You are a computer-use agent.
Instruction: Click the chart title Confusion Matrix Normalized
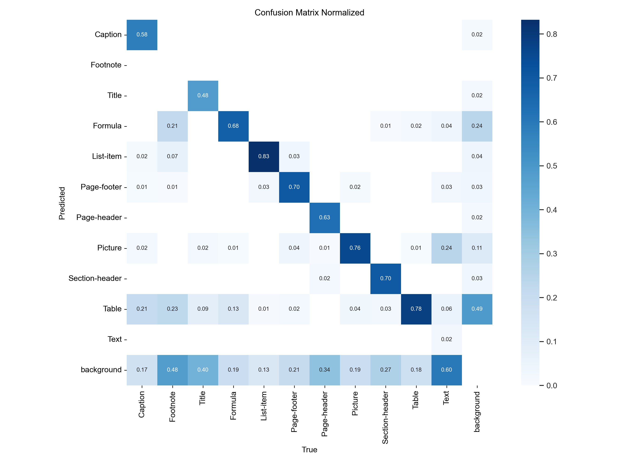[x=309, y=13]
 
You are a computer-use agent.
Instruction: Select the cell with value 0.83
[x=264, y=156]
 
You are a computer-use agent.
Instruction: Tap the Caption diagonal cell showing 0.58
[x=142, y=35]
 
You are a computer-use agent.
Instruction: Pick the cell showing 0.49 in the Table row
[x=477, y=309]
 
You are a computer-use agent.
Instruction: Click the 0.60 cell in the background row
[x=446, y=370]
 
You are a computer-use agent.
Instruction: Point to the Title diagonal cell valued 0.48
[x=203, y=95]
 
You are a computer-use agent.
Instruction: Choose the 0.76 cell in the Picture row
[x=355, y=248]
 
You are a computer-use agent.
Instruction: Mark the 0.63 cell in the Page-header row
[x=324, y=218]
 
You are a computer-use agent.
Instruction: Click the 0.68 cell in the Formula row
[x=233, y=126]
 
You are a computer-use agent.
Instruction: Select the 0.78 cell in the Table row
[x=416, y=309]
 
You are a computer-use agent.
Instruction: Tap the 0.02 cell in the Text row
[x=446, y=339]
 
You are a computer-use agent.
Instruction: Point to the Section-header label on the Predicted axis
[x=95, y=278]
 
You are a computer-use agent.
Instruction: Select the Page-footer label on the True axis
[x=294, y=412]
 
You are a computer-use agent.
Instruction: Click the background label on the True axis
[x=477, y=412]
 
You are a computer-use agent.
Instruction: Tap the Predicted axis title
[x=62, y=203]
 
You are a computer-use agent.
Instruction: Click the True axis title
[x=309, y=450]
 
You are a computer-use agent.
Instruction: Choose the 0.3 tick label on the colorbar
[x=551, y=254]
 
